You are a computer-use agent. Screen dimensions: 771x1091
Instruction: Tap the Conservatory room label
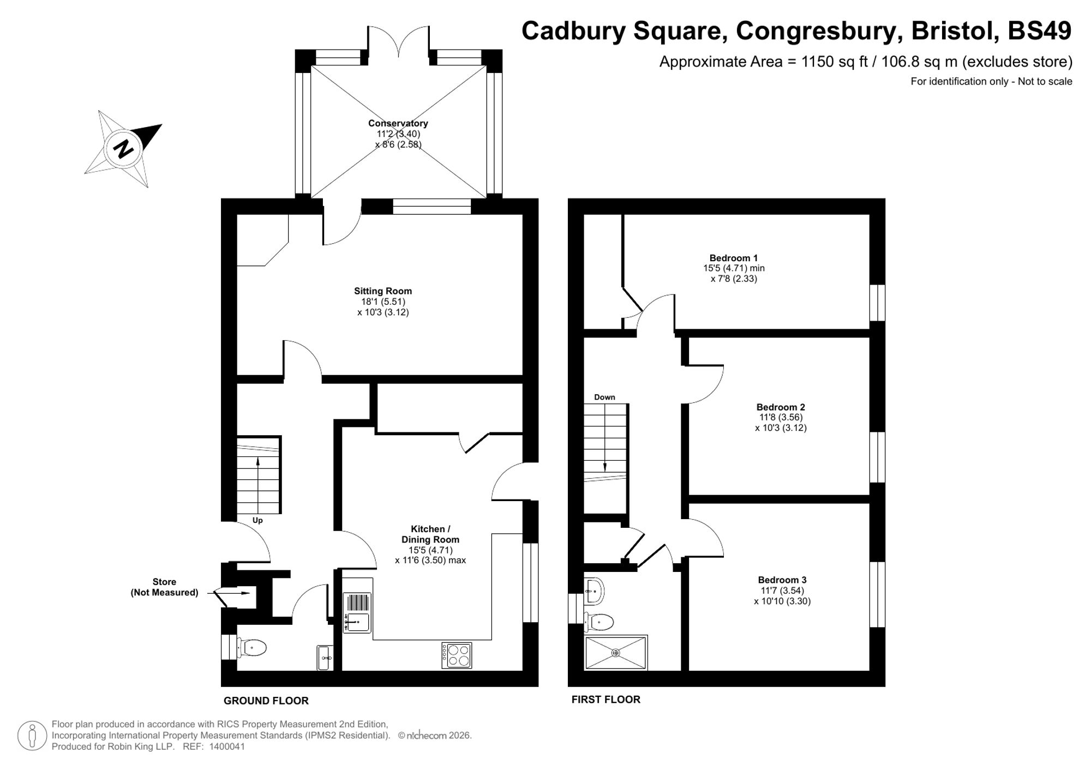click(398, 123)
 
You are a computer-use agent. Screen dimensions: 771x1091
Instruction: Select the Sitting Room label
click(382, 291)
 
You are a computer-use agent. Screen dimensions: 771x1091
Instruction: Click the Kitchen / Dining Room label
click(430, 534)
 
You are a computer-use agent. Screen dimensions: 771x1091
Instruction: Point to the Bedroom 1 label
click(733, 258)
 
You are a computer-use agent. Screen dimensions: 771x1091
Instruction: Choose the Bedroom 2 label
click(780, 407)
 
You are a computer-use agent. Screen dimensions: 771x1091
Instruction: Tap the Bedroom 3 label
click(782, 580)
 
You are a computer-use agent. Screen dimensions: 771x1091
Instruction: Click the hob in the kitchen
click(457, 655)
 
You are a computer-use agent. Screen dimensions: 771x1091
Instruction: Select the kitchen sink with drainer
click(357, 612)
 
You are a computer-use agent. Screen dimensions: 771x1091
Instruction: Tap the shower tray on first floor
click(615, 652)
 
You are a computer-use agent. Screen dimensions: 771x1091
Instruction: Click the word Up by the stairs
click(257, 520)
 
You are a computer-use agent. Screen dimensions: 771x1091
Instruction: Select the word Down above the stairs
click(604, 397)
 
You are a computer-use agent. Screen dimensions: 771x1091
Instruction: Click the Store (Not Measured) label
click(164, 587)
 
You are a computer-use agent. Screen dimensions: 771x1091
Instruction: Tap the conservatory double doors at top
click(398, 41)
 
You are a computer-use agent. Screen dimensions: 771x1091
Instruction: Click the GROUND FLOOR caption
click(266, 701)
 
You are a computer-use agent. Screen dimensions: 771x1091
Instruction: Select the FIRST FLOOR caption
click(606, 700)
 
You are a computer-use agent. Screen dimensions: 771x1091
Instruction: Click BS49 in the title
click(1039, 31)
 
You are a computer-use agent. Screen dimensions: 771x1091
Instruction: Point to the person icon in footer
click(32, 735)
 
